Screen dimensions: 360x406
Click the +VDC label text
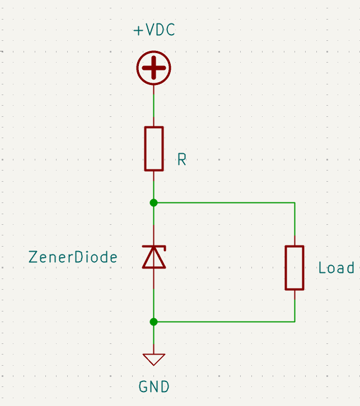point(154,30)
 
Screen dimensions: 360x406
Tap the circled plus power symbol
point(154,68)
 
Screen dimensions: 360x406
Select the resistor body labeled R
point(154,149)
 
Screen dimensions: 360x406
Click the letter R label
point(182,159)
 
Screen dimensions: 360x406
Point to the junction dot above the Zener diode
point(154,203)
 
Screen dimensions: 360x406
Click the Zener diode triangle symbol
point(154,257)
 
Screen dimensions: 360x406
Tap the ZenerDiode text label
point(73,257)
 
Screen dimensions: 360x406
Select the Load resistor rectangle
point(294,268)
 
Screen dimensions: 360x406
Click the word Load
point(336,268)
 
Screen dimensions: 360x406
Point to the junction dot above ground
point(154,322)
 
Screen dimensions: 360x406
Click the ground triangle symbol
point(154,360)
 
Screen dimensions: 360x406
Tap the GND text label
point(154,387)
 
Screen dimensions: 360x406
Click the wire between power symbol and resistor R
point(154,106)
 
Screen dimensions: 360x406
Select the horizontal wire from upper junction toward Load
point(224,202)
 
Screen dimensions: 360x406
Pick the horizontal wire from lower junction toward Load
point(224,322)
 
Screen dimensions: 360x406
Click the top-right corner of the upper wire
point(294,202)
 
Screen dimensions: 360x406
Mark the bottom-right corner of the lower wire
point(294,322)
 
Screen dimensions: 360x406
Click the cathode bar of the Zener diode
point(154,246)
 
